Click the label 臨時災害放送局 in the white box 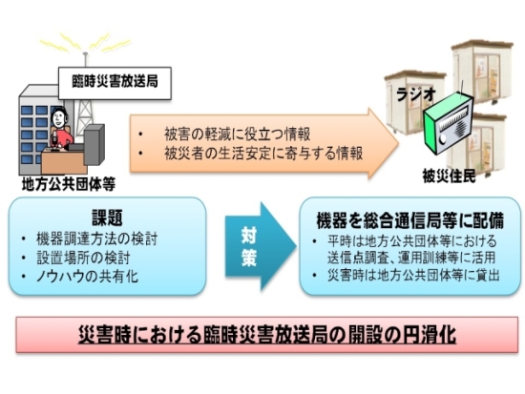tap(115, 82)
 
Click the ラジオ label tap(416, 94)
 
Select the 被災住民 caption tap(449, 176)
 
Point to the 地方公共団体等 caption tap(69, 184)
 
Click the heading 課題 tap(107, 218)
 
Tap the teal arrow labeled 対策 tap(261, 246)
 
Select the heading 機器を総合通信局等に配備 tap(410, 220)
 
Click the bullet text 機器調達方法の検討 tap(97, 239)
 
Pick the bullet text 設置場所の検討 tap(83, 259)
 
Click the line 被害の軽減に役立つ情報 tap(238, 135)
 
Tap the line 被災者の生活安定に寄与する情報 tap(263, 154)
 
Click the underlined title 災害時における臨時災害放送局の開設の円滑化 tap(267, 335)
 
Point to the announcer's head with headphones tap(59, 117)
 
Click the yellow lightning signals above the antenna tap(85, 44)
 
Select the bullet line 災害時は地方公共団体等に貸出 tap(414, 276)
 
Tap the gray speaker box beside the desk tap(94, 144)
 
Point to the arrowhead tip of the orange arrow tap(399, 143)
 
